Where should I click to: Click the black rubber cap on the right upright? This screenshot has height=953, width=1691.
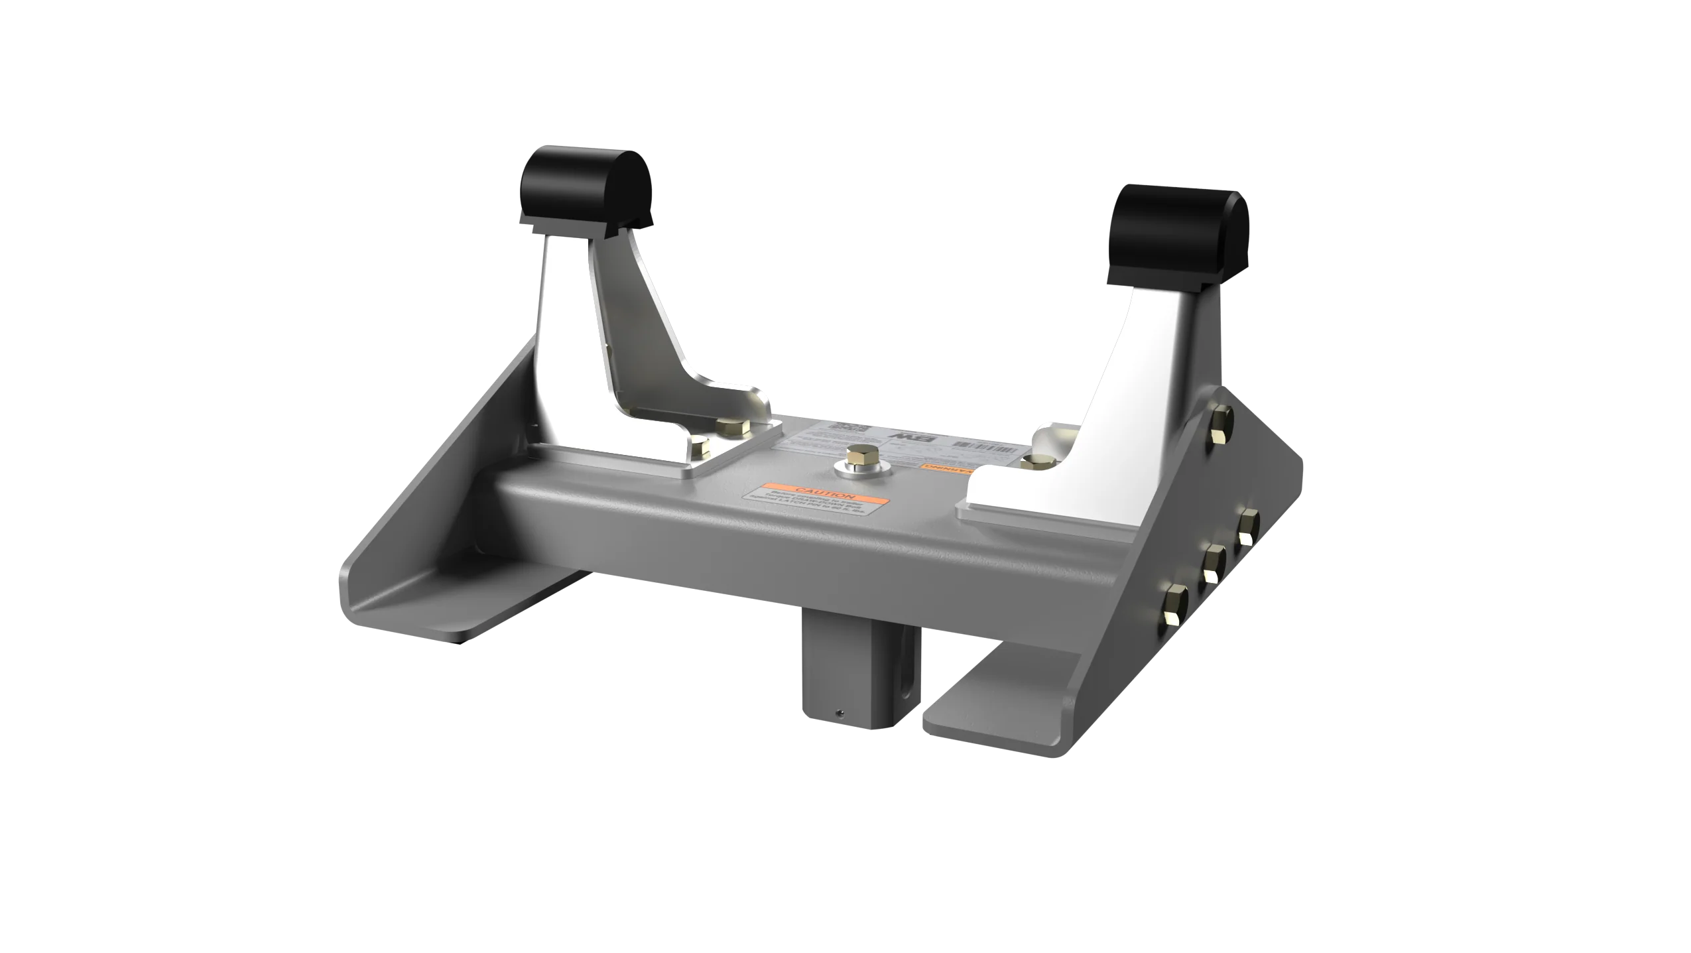click(1181, 229)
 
